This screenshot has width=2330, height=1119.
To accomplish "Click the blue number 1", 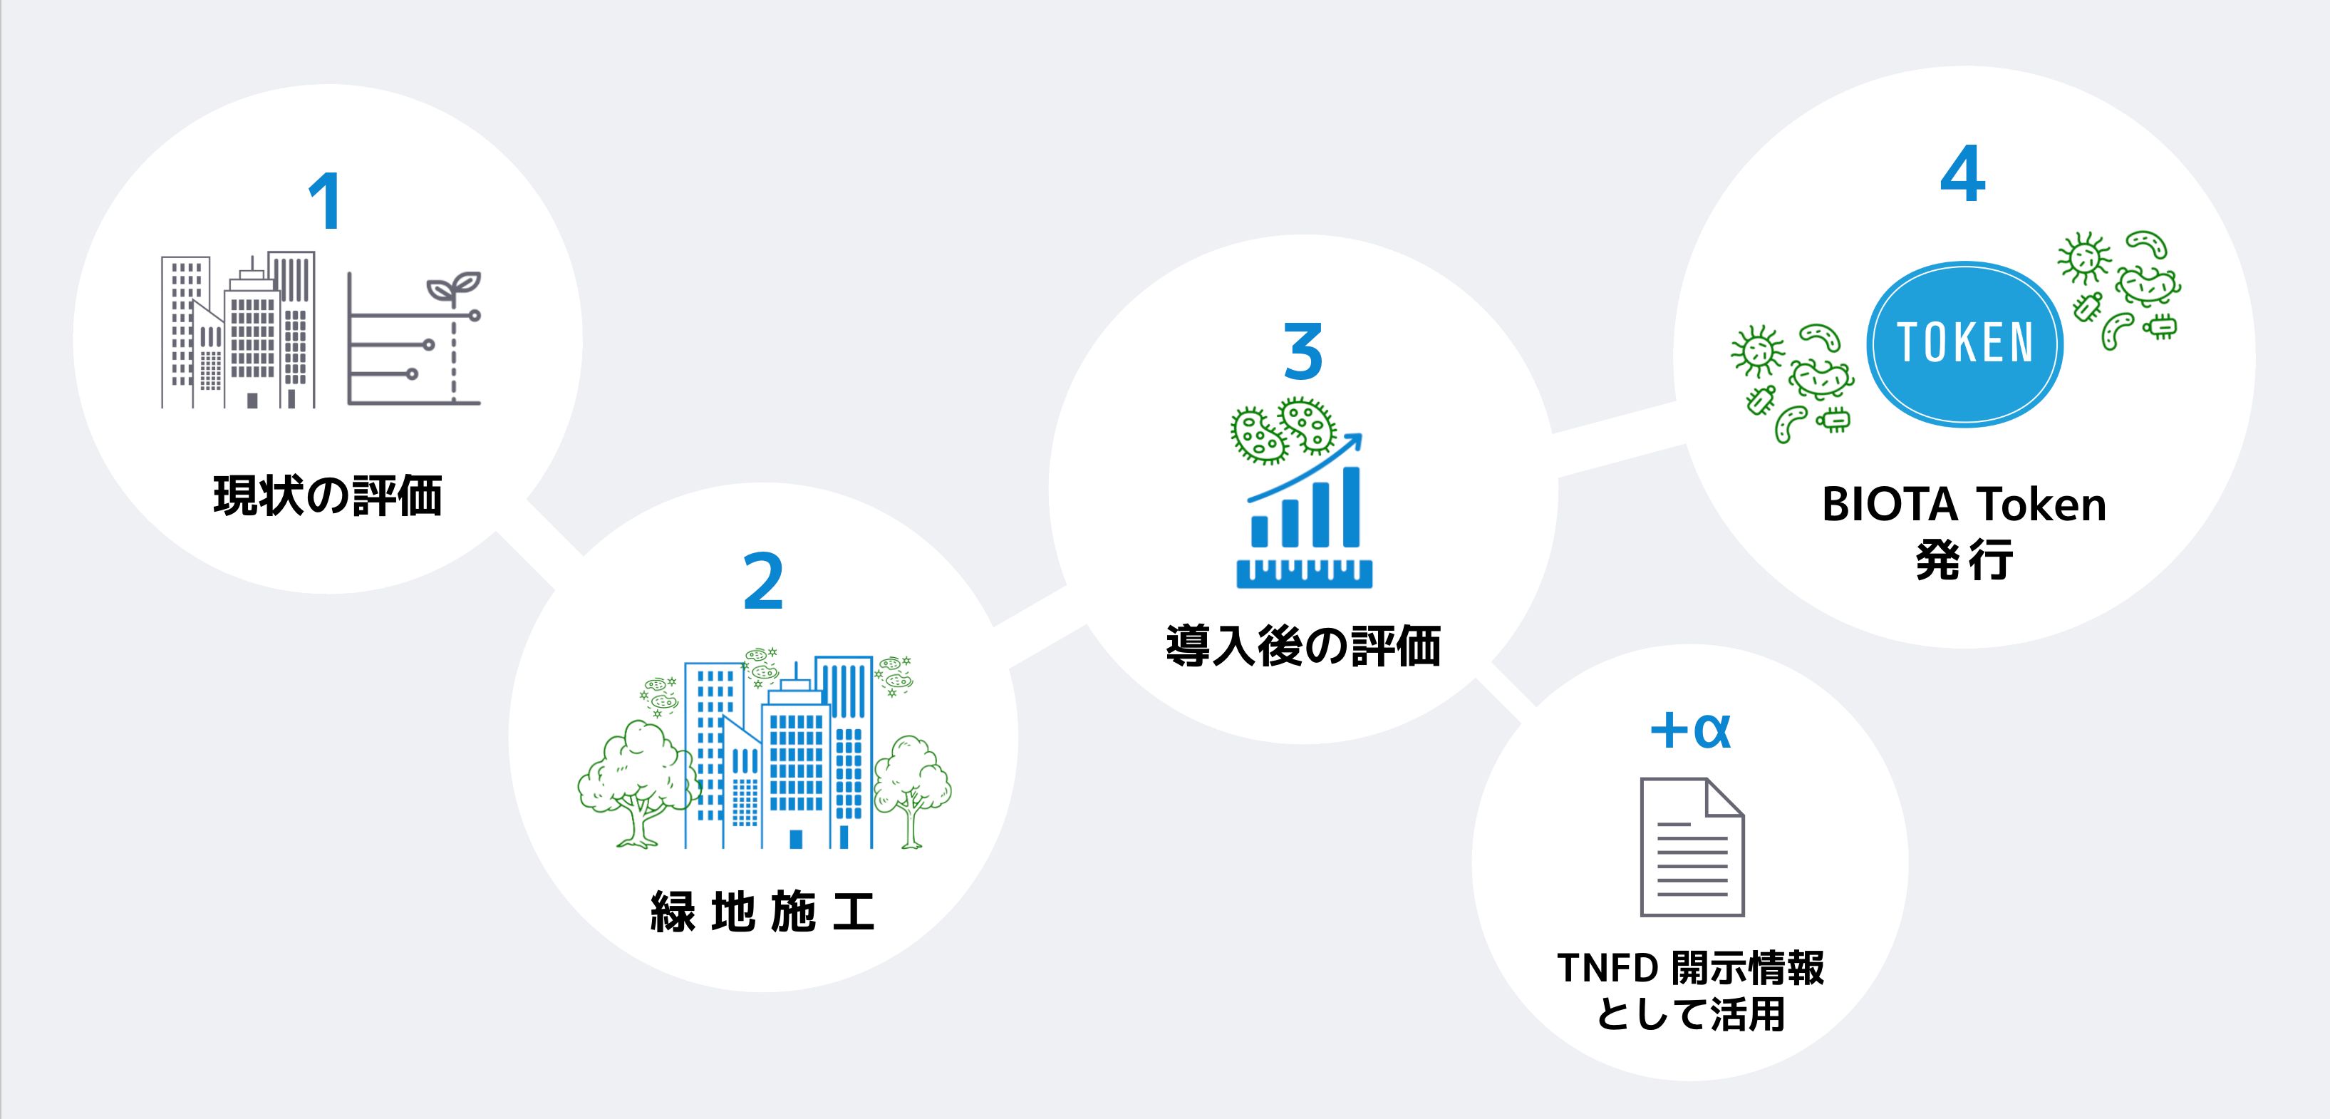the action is [x=325, y=201].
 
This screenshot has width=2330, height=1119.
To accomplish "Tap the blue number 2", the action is [x=762, y=581].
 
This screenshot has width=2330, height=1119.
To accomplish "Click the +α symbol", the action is [x=1689, y=730].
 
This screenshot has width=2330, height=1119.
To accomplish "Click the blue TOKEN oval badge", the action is [x=1964, y=344].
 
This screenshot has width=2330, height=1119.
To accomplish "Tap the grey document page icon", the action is [x=1692, y=847].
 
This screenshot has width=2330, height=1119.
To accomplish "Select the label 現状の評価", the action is [x=328, y=496].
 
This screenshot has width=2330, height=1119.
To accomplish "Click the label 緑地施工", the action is [x=762, y=911].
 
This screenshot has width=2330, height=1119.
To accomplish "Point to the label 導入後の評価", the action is [x=1303, y=646].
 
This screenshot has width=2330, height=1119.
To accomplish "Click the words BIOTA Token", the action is [x=1964, y=505].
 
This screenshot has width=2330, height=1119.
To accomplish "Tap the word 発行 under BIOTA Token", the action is [x=1964, y=559].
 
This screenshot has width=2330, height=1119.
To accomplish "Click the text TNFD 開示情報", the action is [x=1689, y=968].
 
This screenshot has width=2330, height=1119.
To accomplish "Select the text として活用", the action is [x=1689, y=1014].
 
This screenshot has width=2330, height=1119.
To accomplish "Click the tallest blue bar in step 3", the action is [x=1351, y=507].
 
